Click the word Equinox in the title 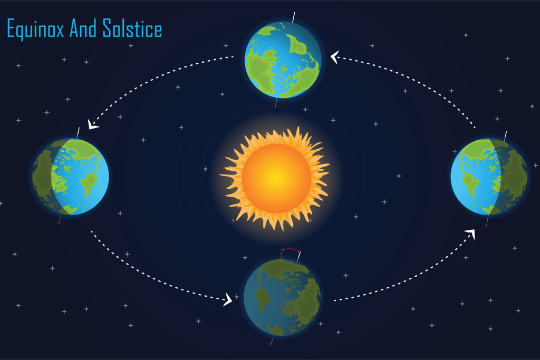tap(35, 29)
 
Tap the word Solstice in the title tap(132, 28)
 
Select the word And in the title tap(83, 28)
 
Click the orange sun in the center tap(275, 178)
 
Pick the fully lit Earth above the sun tap(283, 60)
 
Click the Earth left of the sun tap(71, 177)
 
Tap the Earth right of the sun tap(489, 177)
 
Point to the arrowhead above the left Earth tap(92, 124)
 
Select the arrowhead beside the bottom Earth tap(228, 299)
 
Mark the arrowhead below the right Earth tap(471, 233)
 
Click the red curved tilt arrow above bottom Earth tap(291, 249)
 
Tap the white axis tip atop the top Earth tap(294, 17)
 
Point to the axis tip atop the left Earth tap(78, 133)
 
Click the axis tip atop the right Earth tap(505, 136)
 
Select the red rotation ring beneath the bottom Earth tap(271, 343)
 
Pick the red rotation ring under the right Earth tap(486, 226)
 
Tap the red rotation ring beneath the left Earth tap(59, 222)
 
